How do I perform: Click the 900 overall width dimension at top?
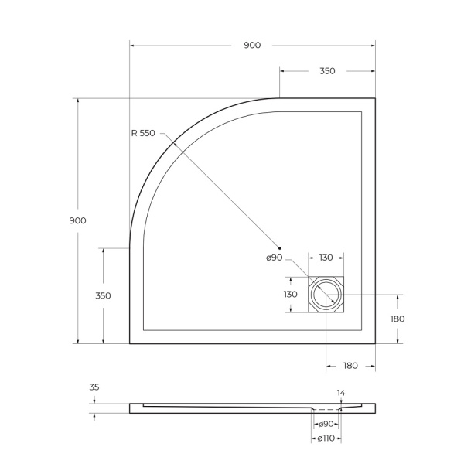click(x=252, y=46)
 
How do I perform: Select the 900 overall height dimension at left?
click(x=77, y=220)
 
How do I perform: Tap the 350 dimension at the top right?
click(x=326, y=71)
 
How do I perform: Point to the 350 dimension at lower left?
click(x=103, y=295)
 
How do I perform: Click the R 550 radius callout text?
click(x=143, y=133)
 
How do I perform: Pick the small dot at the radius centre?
click(x=279, y=247)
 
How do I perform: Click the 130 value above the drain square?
click(x=326, y=258)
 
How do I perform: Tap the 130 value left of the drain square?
click(x=290, y=295)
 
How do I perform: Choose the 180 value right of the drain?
click(x=397, y=319)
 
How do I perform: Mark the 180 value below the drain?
click(x=350, y=366)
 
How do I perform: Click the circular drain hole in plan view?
click(x=326, y=295)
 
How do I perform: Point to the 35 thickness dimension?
click(x=94, y=387)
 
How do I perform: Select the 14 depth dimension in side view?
click(x=340, y=393)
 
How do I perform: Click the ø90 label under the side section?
click(x=325, y=424)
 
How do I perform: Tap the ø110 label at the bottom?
click(x=326, y=438)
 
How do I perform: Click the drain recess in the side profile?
click(x=326, y=408)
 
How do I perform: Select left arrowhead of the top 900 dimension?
click(x=132, y=46)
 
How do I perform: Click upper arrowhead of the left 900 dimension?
click(x=77, y=101)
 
